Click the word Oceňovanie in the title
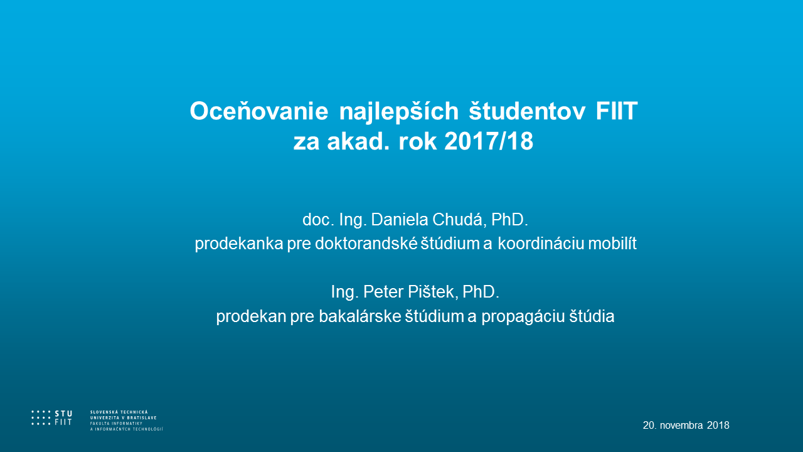(259, 110)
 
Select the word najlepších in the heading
(399, 112)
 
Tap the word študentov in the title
(528, 110)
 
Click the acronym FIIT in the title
(617, 111)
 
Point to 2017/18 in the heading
(489, 141)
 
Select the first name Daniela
(400, 220)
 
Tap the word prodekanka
(239, 244)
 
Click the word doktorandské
(366, 244)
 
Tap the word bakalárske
(359, 316)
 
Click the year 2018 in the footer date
(718, 425)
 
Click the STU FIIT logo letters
(63, 418)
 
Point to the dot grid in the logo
(41, 418)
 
